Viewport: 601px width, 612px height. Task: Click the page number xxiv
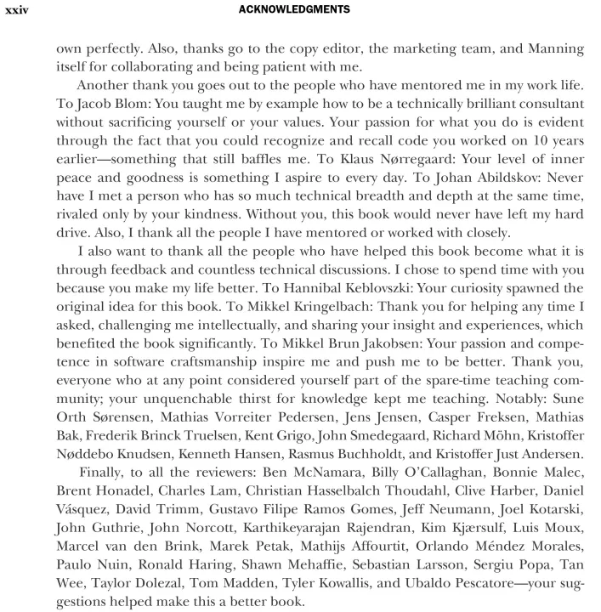[x=18, y=10]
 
